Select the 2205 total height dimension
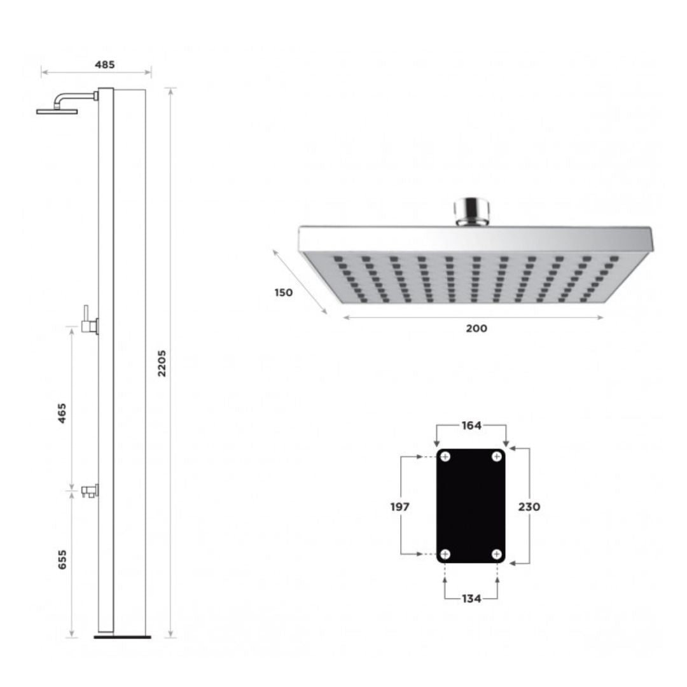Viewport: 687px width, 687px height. pyautogui.click(x=162, y=363)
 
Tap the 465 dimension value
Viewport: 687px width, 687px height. pyautogui.click(x=62, y=413)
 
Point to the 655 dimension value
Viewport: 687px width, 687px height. pyautogui.click(x=62, y=560)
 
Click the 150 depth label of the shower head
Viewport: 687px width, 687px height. pyautogui.click(x=284, y=293)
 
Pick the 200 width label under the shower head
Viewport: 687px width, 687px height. pyautogui.click(x=476, y=328)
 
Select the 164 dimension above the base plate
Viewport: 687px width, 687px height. pyautogui.click(x=471, y=426)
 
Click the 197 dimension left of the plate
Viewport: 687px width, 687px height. pyautogui.click(x=399, y=506)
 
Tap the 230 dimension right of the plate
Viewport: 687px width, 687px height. pyautogui.click(x=529, y=506)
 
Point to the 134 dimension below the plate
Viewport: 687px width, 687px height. pyautogui.click(x=471, y=599)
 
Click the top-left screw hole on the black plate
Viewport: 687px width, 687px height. pyautogui.click(x=445, y=457)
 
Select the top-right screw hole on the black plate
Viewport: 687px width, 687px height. pyautogui.click(x=497, y=457)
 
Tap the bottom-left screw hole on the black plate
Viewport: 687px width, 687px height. pyautogui.click(x=445, y=555)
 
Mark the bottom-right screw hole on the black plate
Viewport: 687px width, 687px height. pyautogui.click(x=497, y=555)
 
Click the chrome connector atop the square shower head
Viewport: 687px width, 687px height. pyautogui.click(x=471, y=211)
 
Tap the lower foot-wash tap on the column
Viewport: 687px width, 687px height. pyautogui.click(x=89, y=490)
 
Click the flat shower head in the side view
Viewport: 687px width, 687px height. pyautogui.click(x=57, y=111)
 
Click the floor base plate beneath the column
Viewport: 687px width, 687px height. pyautogui.click(x=122, y=636)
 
